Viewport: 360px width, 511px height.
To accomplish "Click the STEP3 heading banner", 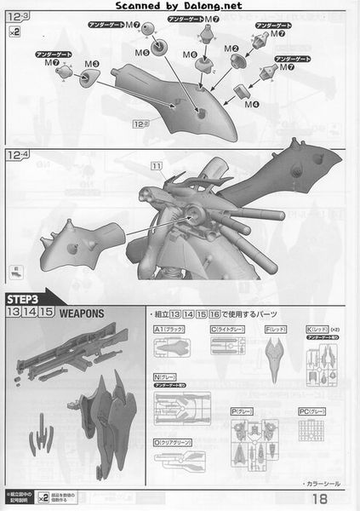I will click(x=26, y=299).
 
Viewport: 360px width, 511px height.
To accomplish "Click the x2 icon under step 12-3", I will click(x=14, y=32).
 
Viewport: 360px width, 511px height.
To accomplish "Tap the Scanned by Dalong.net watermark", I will click(x=179, y=6).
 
